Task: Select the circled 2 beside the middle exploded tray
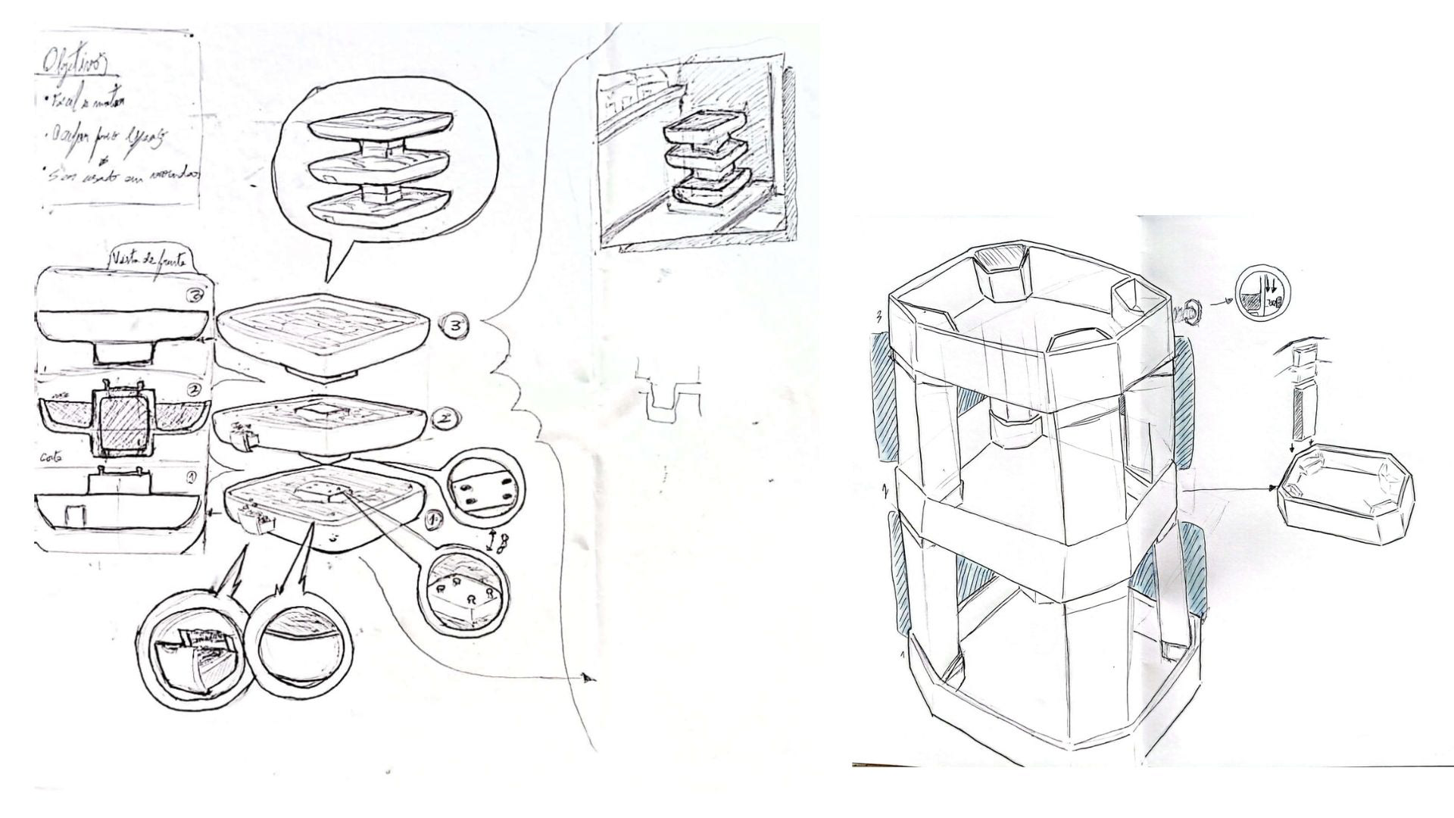click(445, 417)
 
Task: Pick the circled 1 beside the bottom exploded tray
click(435, 520)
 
